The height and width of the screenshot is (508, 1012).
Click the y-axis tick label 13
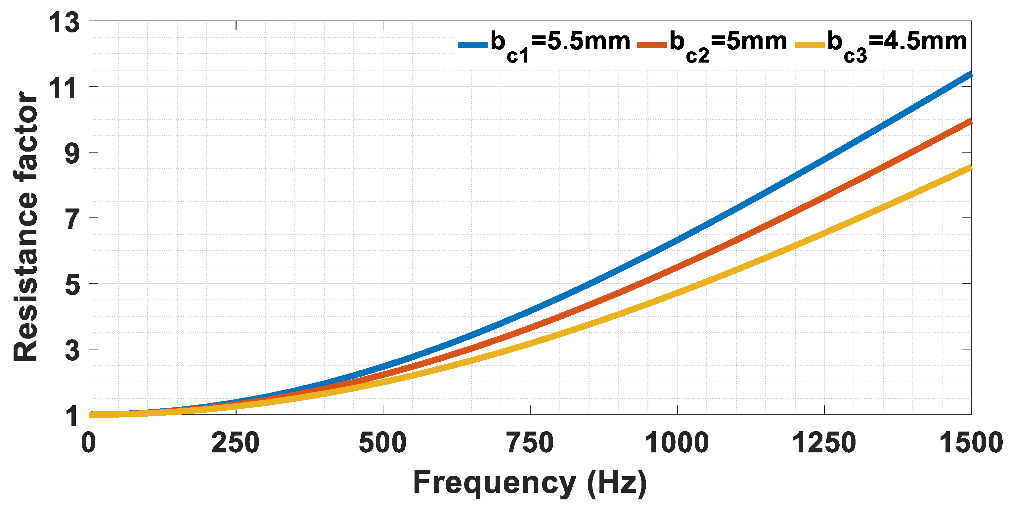[65, 23]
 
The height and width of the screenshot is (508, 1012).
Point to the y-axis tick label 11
[63, 88]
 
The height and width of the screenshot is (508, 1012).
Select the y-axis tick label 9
[72, 154]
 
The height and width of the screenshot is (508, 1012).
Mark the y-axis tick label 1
[72, 416]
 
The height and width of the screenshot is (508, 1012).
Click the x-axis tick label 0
[89, 443]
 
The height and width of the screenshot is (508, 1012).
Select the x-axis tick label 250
[235, 443]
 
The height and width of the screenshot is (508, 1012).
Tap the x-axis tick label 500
[383, 443]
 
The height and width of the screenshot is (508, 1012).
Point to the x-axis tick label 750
[530, 443]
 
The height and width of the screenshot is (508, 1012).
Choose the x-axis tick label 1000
[677, 443]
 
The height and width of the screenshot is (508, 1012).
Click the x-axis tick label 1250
[824, 443]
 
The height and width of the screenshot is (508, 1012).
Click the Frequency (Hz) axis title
[530, 483]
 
